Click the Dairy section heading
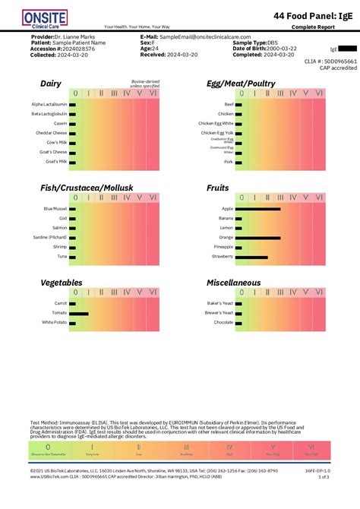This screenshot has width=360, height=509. (51, 84)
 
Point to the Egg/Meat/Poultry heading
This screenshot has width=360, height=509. (241, 84)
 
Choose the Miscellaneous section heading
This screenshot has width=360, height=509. (233, 283)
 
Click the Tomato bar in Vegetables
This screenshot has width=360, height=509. (79, 313)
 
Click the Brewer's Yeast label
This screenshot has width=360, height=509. (218, 313)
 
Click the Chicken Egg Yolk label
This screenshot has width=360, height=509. (216, 132)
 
